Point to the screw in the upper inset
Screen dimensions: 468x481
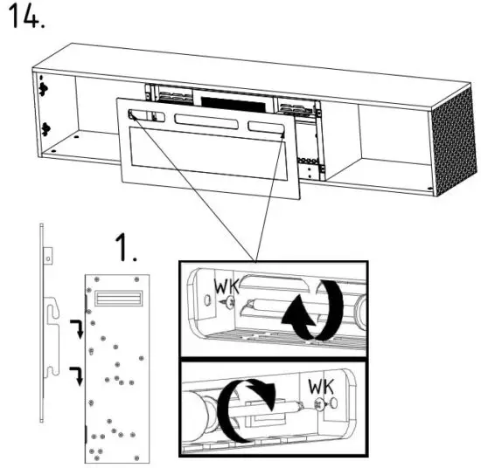click(228, 302)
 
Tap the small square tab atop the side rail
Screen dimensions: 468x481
click(50, 255)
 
